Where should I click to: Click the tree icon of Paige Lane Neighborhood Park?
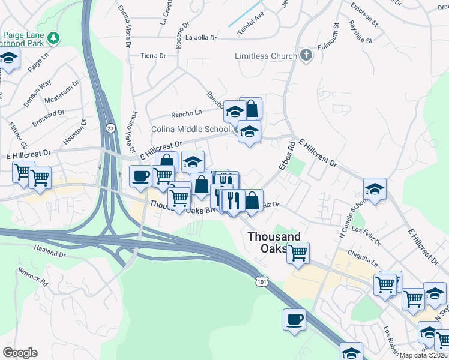[55, 38]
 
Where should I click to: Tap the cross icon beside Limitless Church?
[306, 56]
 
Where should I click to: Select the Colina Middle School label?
[190, 129]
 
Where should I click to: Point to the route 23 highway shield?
[110, 128]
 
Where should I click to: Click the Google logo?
[20, 352]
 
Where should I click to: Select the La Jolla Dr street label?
[200, 38]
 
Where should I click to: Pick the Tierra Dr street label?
[152, 55]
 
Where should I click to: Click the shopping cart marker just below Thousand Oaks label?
[298, 253]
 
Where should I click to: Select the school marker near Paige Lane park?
[8, 58]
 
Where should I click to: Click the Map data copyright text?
[423, 355]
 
